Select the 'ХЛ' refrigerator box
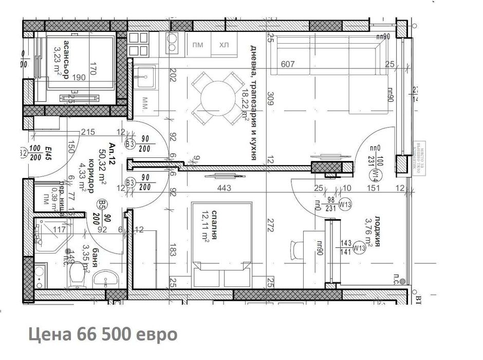224,45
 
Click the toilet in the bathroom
76,275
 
